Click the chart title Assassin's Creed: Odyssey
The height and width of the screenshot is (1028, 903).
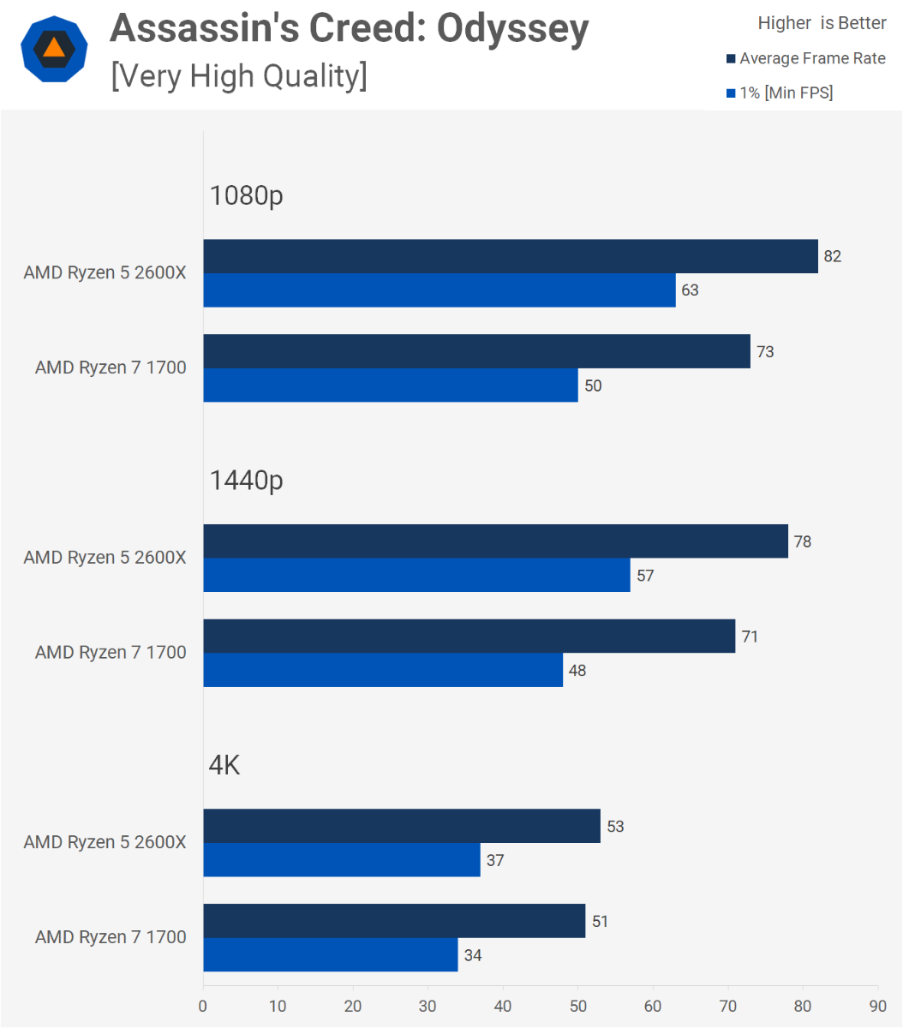349,29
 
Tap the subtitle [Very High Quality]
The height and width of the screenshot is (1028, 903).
239,76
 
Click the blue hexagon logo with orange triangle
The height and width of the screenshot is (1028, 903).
54,48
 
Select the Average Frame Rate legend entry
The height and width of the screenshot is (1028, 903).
805,58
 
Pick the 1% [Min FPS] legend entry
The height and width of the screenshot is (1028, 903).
780,93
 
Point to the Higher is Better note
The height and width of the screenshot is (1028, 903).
822,23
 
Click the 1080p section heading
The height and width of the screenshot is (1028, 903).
246,195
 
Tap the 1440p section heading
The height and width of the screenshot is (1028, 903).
246,481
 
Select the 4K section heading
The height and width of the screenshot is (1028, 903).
224,765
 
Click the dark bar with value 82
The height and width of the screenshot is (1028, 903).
511,256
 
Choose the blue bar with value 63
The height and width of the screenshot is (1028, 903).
440,290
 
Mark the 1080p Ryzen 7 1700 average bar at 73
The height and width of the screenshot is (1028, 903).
476,351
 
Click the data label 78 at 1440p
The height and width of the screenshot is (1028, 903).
802,541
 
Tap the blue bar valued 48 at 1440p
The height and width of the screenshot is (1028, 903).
383,670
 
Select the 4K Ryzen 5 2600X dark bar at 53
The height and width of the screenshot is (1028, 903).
402,826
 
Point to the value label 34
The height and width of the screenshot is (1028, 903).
472,955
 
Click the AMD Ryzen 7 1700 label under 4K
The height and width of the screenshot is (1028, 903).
111,937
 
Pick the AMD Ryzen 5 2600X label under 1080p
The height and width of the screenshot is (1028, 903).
105,272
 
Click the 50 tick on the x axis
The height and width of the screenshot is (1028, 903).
578,1006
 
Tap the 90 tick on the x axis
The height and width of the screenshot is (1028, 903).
877,1006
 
